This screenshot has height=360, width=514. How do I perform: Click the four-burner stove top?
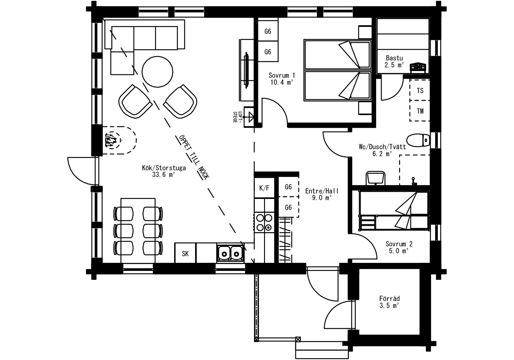pos(264,222)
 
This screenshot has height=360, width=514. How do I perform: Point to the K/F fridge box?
pos(264,188)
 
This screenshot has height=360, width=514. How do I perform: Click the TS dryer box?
pos(420,91)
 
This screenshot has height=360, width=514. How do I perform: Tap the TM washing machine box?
pos(420,111)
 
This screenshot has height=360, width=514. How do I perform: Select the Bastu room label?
pos(394,58)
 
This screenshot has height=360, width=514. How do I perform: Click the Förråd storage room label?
pos(389,298)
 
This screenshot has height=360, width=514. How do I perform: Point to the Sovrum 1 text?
pos(282,75)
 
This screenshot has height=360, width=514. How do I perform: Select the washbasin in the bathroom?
pos(375,178)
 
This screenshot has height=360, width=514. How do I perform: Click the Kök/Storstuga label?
pos(164,168)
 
